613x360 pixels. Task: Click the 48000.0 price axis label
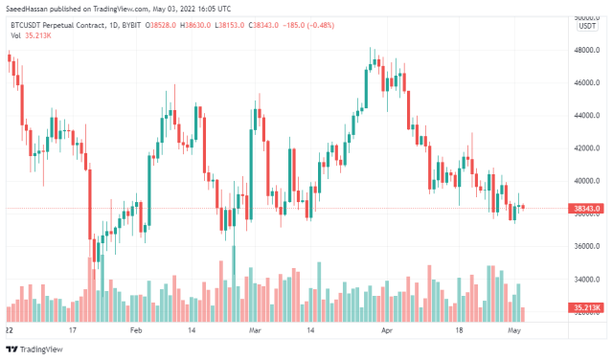[x=585, y=51]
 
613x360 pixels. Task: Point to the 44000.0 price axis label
[x=585, y=116]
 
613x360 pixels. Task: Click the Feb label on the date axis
[x=135, y=328]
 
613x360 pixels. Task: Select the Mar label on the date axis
[x=254, y=328]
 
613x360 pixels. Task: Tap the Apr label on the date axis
[x=387, y=328]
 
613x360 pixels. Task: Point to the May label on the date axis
[x=512, y=328]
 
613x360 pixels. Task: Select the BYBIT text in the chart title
[x=125, y=25]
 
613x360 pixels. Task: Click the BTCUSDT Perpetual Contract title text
[x=57, y=25]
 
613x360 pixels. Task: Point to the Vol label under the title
[x=15, y=35]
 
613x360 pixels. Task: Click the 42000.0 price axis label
[x=585, y=148]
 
